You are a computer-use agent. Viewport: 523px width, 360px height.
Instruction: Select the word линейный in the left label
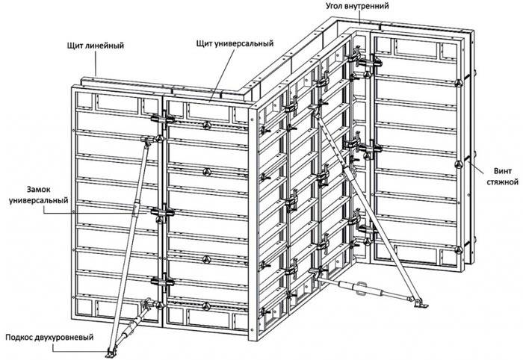pyautogui.click(x=105, y=46)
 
